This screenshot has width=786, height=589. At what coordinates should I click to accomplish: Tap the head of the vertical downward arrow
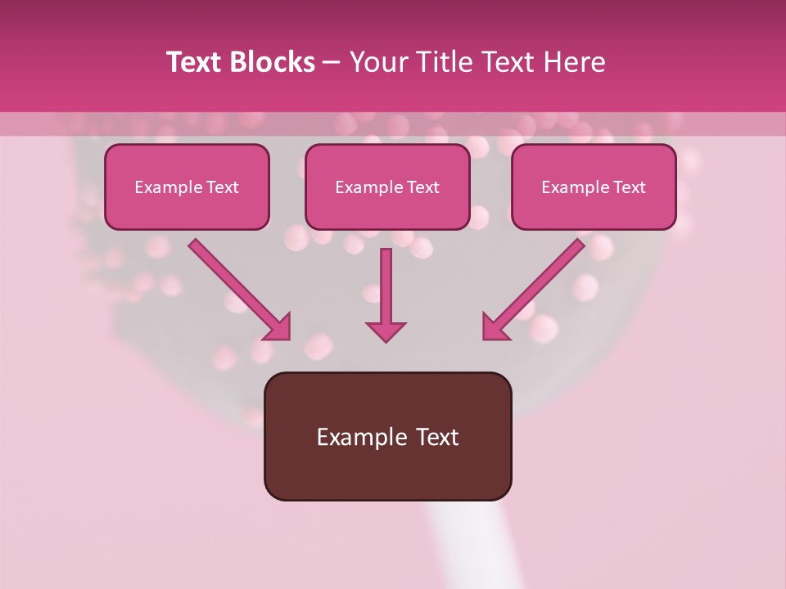click(386, 330)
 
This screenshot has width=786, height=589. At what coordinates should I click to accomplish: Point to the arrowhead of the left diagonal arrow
click(278, 327)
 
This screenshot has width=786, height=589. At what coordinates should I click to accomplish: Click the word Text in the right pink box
click(629, 187)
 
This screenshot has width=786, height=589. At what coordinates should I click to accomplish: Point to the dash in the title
click(332, 63)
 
